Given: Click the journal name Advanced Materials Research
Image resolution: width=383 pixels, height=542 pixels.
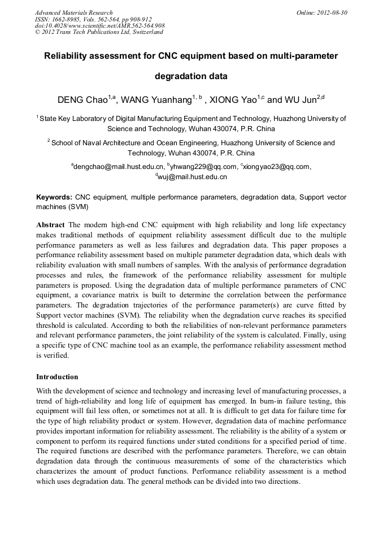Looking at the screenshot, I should [x=73, y=12].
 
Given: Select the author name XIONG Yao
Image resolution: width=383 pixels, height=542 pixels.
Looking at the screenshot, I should [x=233, y=101].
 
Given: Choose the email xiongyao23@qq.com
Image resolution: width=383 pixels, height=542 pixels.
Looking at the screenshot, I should [x=277, y=167].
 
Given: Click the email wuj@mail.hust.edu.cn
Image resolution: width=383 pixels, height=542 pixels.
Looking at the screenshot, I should [x=193, y=177].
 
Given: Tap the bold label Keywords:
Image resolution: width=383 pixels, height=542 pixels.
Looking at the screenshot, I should [x=54, y=198].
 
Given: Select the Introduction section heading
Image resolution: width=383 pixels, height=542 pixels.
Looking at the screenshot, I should [x=57, y=376].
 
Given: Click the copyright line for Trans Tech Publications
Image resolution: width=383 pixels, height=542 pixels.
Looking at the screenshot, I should [x=99, y=32].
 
